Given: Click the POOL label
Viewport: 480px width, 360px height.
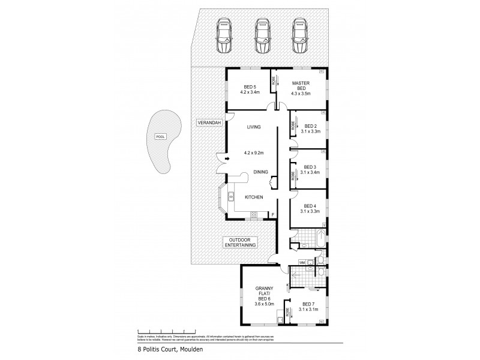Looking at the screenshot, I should (159, 136).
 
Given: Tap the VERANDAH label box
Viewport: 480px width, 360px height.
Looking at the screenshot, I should (208, 123).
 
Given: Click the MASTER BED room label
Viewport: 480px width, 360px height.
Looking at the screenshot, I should (300, 86).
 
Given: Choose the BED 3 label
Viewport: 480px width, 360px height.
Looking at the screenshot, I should (310, 167).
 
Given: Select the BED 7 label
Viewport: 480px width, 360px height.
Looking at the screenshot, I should (308, 304).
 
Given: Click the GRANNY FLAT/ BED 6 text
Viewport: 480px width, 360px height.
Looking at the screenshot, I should (264, 296).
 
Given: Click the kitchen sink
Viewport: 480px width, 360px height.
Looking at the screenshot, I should (230, 195).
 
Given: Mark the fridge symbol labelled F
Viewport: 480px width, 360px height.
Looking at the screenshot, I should (273, 214).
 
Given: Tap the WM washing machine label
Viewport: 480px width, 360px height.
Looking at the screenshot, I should (302, 262).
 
